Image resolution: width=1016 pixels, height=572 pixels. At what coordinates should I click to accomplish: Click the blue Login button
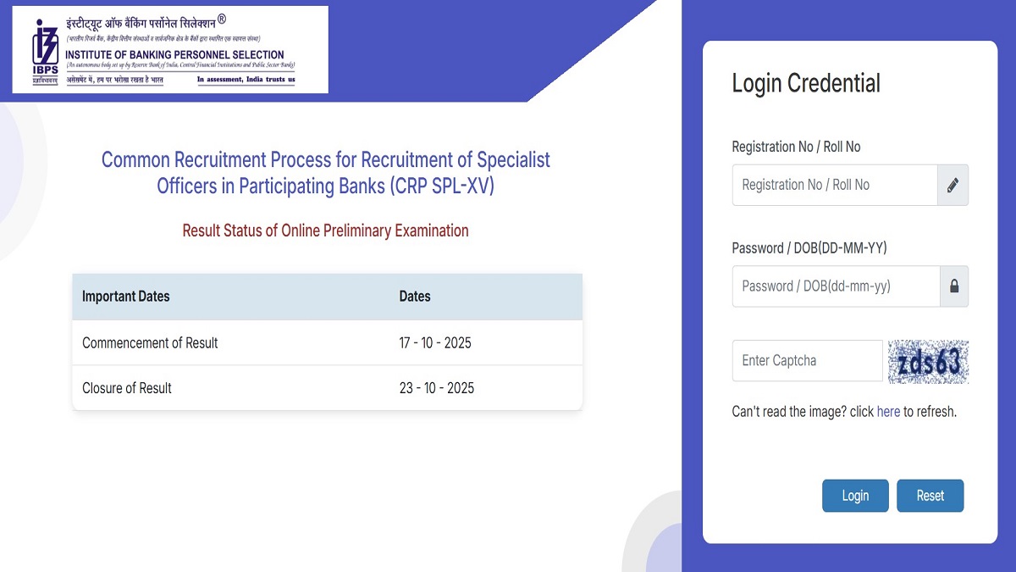pos(855,496)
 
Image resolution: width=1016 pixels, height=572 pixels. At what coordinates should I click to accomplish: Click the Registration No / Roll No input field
pos(835,185)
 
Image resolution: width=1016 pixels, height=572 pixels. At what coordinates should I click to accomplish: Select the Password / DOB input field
pos(836,286)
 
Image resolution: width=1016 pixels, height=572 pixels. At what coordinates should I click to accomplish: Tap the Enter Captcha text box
pos(807,361)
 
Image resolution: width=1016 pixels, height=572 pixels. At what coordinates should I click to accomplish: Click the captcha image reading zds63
pos(928,362)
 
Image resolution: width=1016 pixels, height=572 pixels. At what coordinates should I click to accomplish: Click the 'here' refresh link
pos(888,412)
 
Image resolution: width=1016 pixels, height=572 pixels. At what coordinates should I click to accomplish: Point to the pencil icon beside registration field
pos(952,185)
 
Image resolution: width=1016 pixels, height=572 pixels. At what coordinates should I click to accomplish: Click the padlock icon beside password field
pos(954,286)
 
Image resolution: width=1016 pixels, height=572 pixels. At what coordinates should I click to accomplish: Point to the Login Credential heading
pos(806,83)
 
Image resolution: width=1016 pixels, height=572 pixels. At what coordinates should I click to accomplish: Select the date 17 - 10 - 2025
pos(435,343)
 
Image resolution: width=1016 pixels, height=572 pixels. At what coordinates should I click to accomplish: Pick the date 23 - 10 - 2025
pos(437,388)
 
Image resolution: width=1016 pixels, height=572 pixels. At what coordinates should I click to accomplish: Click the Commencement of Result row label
pos(150,343)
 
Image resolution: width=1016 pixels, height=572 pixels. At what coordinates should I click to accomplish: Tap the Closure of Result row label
pos(127,388)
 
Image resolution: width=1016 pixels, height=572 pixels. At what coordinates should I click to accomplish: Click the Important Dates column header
pos(126,297)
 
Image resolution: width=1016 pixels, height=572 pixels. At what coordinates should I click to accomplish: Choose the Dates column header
pos(415,297)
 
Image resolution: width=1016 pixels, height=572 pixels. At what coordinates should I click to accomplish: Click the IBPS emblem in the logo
pos(44,50)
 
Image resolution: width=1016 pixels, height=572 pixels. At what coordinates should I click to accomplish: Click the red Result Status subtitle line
pos(325,230)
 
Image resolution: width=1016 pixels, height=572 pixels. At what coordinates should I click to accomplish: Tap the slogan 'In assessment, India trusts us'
pos(246,80)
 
